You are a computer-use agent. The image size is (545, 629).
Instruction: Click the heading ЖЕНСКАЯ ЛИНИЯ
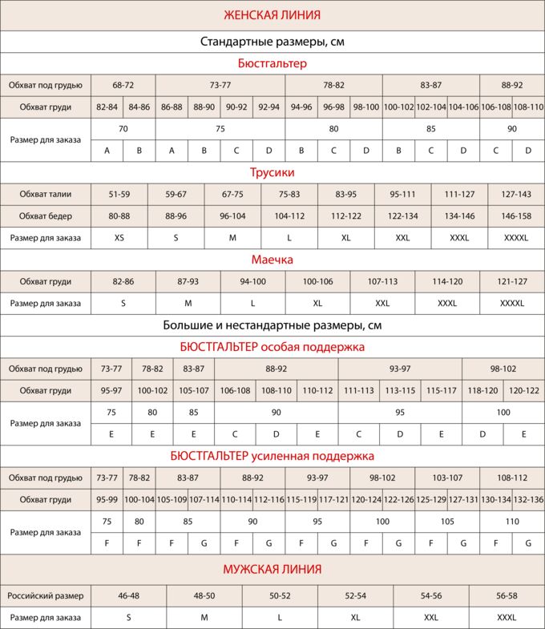point(272,14)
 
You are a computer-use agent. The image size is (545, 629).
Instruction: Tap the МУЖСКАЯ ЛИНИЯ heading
point(272,570)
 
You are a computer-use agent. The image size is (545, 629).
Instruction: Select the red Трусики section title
point(272,172)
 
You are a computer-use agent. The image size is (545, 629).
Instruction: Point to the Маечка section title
point(272,260)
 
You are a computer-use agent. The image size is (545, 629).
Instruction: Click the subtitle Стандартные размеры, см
point(272,41)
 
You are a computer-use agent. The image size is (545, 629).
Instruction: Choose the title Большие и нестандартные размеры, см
point(272,325)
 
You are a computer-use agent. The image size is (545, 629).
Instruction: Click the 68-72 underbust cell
point(123,85)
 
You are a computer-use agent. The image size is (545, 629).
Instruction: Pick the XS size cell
point(119,238)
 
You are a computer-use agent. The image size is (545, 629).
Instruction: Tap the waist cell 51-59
point(119,194)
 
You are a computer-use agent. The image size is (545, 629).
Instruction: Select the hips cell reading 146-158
point(515,216)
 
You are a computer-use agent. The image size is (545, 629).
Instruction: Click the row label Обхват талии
point(46,194)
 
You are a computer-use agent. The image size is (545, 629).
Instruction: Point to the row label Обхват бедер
point(46,216)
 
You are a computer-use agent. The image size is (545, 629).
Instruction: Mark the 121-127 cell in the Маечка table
point(512,281)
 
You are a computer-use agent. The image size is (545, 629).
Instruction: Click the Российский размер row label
point(46,596)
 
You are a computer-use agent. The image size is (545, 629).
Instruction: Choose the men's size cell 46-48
point(129,596)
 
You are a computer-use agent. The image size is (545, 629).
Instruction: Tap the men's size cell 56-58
point(507,596)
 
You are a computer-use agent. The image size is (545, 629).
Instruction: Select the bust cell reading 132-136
point(528,499)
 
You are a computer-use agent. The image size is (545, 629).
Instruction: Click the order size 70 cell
point(123,128)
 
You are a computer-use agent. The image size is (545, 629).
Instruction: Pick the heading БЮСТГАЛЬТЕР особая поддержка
point(272,347)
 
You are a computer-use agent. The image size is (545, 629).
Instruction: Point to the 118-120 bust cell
point(482,390)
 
